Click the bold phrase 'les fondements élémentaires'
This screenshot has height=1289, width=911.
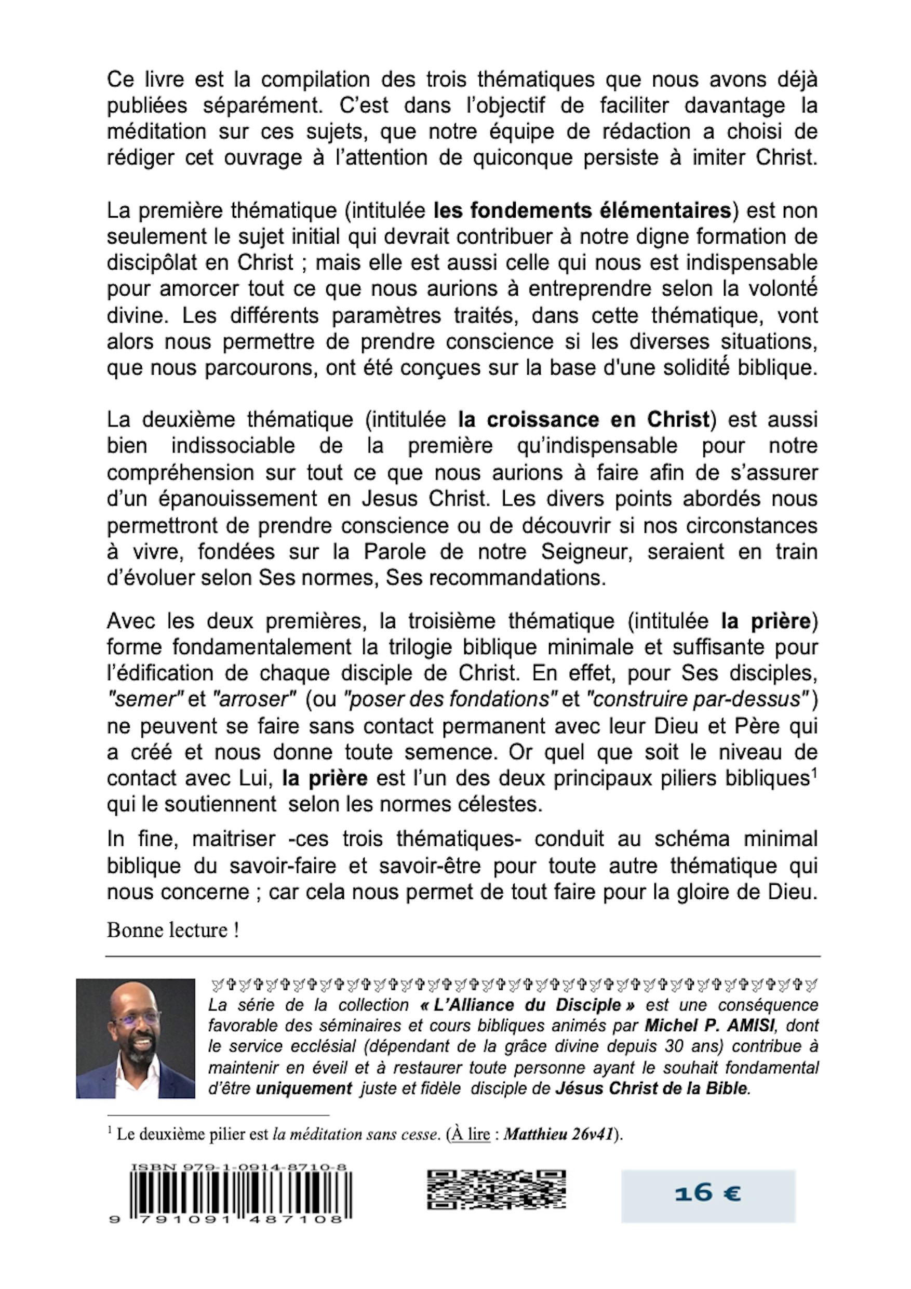(x=583, y=211)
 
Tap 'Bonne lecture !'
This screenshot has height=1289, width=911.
(x=173, y=931)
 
